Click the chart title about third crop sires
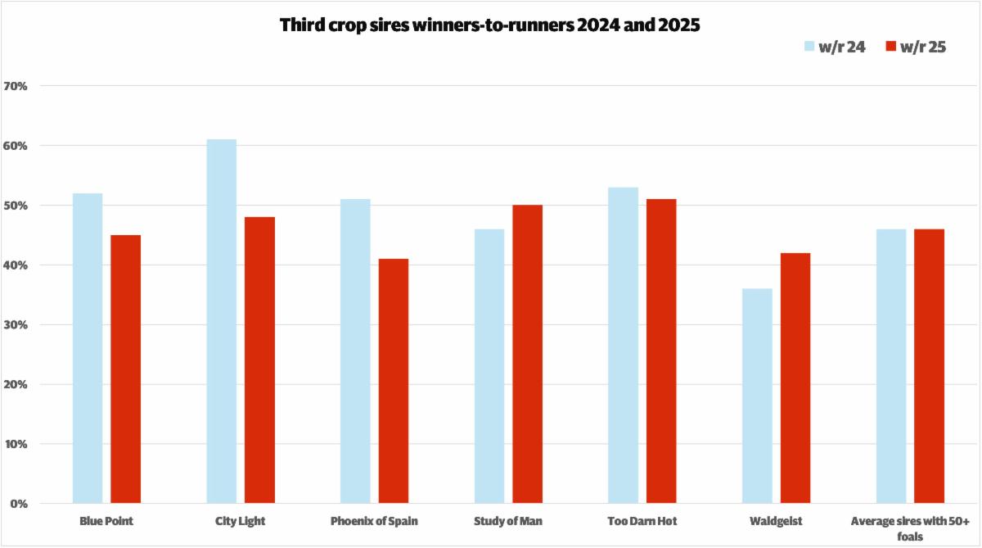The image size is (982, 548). point(490,25)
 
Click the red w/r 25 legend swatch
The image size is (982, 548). point(893,47)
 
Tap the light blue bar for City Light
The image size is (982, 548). point(222,321)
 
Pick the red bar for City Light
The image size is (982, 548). point(259,360)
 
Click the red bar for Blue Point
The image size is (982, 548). point(126,369)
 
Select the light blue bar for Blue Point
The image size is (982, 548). point(88,348)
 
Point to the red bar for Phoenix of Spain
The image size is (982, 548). point(394,381)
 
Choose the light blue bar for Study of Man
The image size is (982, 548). point(489,366)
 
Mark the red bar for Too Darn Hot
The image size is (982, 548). point(661,351)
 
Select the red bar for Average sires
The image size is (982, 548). point(929,366)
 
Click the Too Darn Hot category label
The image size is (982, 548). point(642,521)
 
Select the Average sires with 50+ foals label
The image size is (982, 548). point(910,528)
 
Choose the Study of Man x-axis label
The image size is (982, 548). point(508,521)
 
